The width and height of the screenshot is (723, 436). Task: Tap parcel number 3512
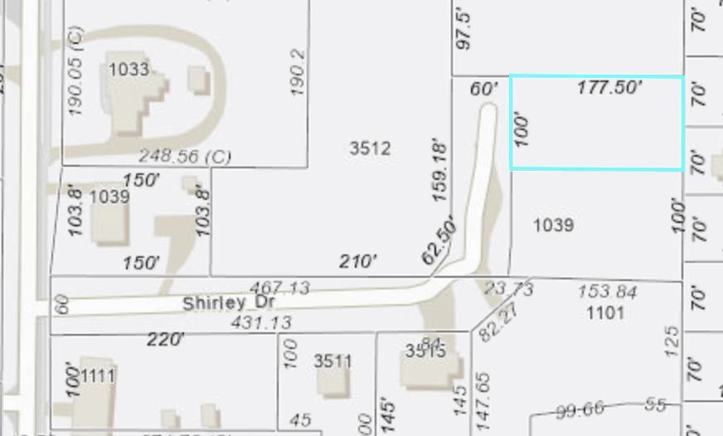pos(370,148)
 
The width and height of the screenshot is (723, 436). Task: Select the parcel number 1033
pos(129,69)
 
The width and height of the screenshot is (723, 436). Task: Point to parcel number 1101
pos(604,312)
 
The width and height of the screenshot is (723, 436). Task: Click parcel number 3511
pos(332,361)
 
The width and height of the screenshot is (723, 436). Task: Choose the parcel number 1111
pos(97,376)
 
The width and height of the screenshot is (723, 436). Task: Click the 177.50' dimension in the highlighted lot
pos(609,87)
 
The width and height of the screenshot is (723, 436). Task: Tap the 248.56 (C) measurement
pos(184,156)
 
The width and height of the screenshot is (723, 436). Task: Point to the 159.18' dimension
pos(439,172)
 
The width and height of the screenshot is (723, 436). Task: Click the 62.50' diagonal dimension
pos(439,240)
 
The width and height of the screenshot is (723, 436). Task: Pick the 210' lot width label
pos(358,262)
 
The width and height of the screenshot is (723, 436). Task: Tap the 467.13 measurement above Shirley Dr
pos(279,288)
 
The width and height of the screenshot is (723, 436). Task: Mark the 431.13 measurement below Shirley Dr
pos(260,322)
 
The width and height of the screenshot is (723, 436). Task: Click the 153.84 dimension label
pos(608,292)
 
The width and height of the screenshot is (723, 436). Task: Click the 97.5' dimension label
pos(464,30)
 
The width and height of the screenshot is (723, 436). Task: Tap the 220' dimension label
pos(165,339)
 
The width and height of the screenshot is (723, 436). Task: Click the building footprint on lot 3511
pos(333,382)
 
